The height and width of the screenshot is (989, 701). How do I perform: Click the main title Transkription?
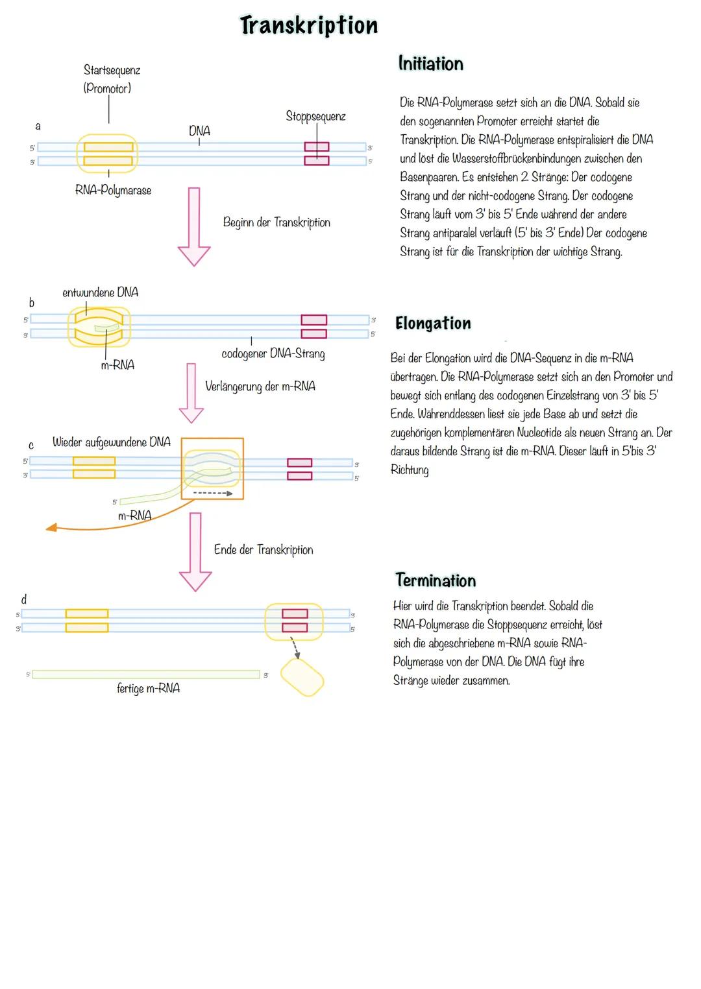tap(309, 25)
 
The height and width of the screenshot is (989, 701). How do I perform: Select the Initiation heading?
tap(430, 64)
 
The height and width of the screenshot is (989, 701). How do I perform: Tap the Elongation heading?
tap(433, 323)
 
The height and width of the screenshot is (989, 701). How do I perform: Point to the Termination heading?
tap(436, 580)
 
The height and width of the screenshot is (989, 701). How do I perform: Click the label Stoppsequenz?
tap(315, 117)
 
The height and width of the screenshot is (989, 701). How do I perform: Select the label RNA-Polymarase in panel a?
tap(114, 190)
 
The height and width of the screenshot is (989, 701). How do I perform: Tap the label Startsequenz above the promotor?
tap(112, 70)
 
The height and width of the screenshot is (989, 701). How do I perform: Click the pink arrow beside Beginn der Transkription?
tap(194, 226)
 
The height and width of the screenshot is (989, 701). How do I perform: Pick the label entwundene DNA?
tap(101, 292)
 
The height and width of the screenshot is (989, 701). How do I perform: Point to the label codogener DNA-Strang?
tap(273, 353)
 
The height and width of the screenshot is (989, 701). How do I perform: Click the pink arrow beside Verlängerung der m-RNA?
tap(191, 393)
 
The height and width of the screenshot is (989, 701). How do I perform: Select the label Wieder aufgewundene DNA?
tap(112, 442)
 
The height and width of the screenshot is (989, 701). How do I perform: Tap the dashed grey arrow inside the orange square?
tap(213, 493)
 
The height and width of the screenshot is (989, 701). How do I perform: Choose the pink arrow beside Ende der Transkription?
tap(195, 552)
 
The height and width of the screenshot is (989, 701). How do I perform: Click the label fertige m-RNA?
tap(148, 689)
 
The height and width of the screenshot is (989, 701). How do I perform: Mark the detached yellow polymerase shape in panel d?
tap(302, 677)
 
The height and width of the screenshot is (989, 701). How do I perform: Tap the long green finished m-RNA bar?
tap(145, 674)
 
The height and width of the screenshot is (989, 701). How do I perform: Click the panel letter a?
tap(38, 126)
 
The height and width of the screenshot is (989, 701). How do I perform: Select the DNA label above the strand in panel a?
tap(199, 131)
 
